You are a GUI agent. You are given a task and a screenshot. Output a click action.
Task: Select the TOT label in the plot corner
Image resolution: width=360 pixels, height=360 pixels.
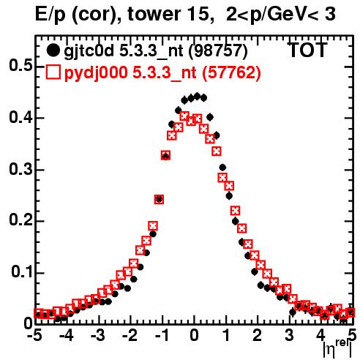click(308, 50)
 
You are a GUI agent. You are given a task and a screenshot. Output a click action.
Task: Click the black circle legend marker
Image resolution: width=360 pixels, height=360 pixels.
click(53, 50)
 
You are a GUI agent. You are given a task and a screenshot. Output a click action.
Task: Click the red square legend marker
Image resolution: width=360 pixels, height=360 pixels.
click(53, 72)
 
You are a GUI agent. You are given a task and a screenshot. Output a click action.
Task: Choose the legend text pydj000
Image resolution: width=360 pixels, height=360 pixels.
click(96, 73)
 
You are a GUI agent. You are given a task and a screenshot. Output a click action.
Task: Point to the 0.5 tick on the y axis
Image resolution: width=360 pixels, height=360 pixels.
click(21, 66)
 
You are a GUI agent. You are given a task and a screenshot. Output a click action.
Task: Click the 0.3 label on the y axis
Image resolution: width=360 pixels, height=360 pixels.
click(21, 169)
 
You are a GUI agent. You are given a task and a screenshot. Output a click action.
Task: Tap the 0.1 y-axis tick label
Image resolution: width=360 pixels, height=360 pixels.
click(22, 272)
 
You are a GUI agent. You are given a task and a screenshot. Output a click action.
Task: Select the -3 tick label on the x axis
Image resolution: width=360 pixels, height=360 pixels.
click(98, 335)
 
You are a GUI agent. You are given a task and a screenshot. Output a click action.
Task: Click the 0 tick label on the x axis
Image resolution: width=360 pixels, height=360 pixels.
click(194, 335)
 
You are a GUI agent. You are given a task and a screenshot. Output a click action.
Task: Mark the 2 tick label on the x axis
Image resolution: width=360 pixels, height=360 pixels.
click(258, 335)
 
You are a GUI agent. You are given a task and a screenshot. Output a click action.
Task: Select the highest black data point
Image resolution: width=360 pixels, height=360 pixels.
click(198, 96)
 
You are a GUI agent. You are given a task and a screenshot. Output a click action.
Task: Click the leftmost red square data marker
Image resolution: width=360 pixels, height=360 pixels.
click(38, 313)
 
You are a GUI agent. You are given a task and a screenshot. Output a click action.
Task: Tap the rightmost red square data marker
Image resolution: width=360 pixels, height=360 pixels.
click(350, 312)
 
